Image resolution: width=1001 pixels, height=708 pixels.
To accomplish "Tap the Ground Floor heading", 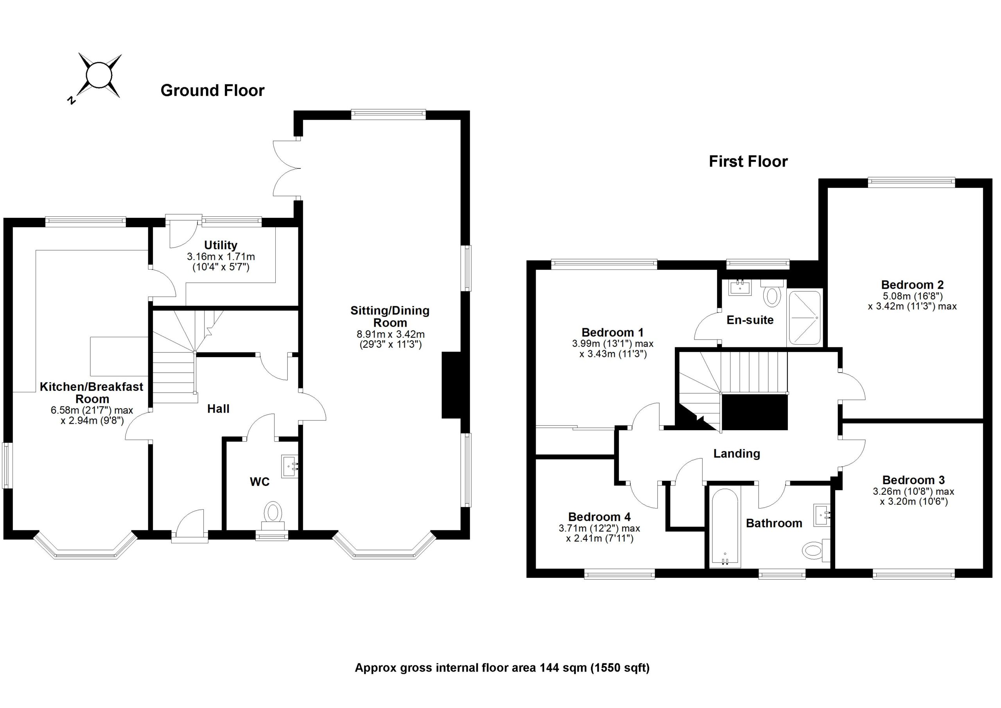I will coord(212,90).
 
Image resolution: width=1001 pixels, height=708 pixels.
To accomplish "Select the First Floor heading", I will coord(748,162).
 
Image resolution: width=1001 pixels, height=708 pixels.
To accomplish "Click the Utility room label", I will coord(221,245).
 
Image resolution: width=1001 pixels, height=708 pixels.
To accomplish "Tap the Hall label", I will coord(218,409).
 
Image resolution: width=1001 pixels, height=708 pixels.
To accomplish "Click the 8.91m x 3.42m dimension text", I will coord(390,334).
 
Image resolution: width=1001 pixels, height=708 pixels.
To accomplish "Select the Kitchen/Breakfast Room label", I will coord(91,393).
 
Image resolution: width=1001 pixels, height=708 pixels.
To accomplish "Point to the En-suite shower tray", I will coord(804,318).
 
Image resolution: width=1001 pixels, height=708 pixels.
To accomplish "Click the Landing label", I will coord(736,454).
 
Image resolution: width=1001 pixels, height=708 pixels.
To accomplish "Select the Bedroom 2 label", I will coord(912,285).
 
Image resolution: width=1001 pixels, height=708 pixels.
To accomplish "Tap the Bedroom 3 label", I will coord(913,480).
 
